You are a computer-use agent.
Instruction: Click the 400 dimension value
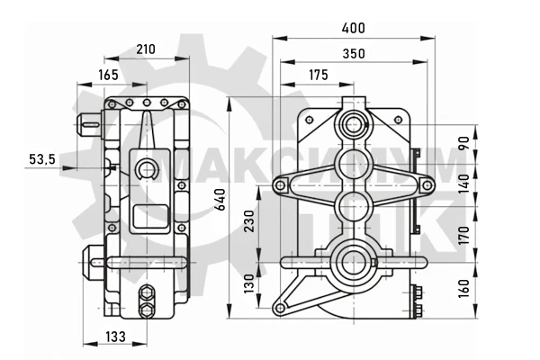tap(354, 28)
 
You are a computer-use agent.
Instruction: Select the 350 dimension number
tap(354, 54)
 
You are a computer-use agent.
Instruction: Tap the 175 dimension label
tap(319, 75)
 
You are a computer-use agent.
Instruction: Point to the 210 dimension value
tap(146, 49)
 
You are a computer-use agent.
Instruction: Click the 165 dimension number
tap(108, 75)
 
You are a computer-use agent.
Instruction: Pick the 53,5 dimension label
tap(42, 159)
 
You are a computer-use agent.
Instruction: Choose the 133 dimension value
tap(115, 337)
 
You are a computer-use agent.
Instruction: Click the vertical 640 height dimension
tap(220, 200)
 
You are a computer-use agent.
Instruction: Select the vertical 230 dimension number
tap(248, 220)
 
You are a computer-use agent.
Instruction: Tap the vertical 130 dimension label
tap(248, 283)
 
